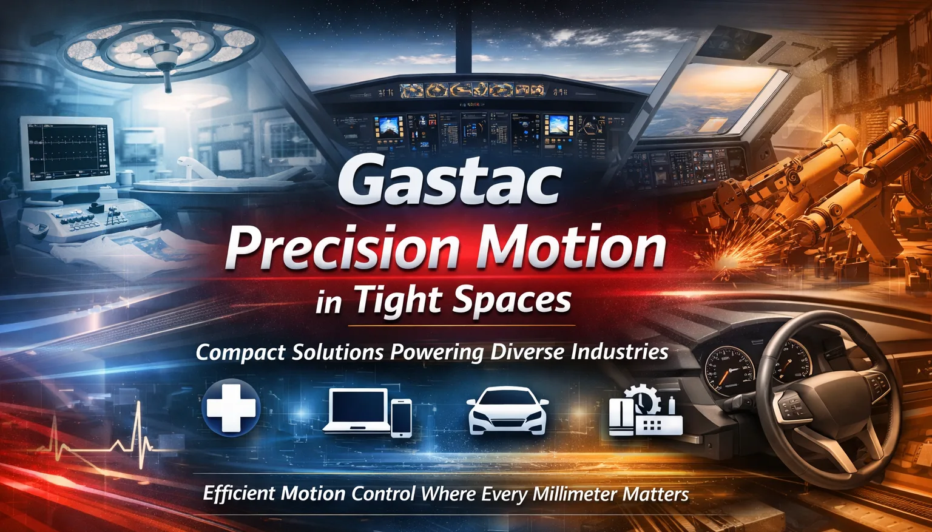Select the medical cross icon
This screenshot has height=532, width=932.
tap(231, 408)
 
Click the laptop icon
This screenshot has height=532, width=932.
tap(357, 411)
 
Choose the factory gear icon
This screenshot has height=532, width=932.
tap(646, 411)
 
